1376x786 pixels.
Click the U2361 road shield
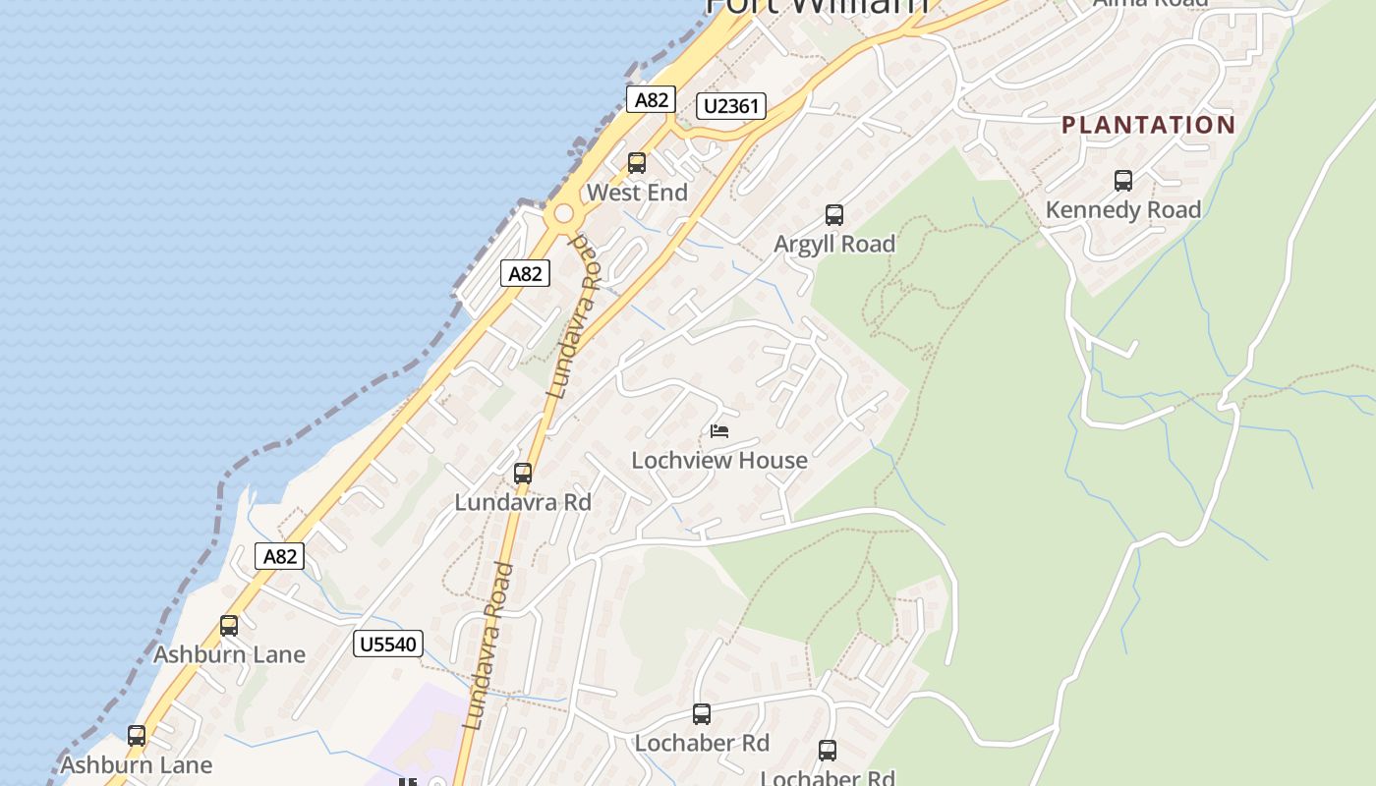731,106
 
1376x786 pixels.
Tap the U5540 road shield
388,645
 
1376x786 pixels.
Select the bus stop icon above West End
637,163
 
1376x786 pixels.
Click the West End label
637,193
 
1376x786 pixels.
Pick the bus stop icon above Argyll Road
834,215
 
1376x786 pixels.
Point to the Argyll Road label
834,244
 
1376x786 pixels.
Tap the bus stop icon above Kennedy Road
1123,181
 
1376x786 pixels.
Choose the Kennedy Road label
1123,209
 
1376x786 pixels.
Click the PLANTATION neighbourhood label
1148,125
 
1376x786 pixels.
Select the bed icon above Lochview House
719,430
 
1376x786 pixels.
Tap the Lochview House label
719,460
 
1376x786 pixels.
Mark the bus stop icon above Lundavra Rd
523,474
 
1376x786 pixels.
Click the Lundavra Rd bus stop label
523,502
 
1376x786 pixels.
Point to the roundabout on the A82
563,214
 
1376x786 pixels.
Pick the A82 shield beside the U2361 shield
651,99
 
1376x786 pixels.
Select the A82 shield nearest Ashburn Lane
279,556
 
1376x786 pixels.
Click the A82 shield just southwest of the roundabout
525,273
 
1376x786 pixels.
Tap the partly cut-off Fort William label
817,6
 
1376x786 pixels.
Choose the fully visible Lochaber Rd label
702,743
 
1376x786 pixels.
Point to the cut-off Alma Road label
1150,4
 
